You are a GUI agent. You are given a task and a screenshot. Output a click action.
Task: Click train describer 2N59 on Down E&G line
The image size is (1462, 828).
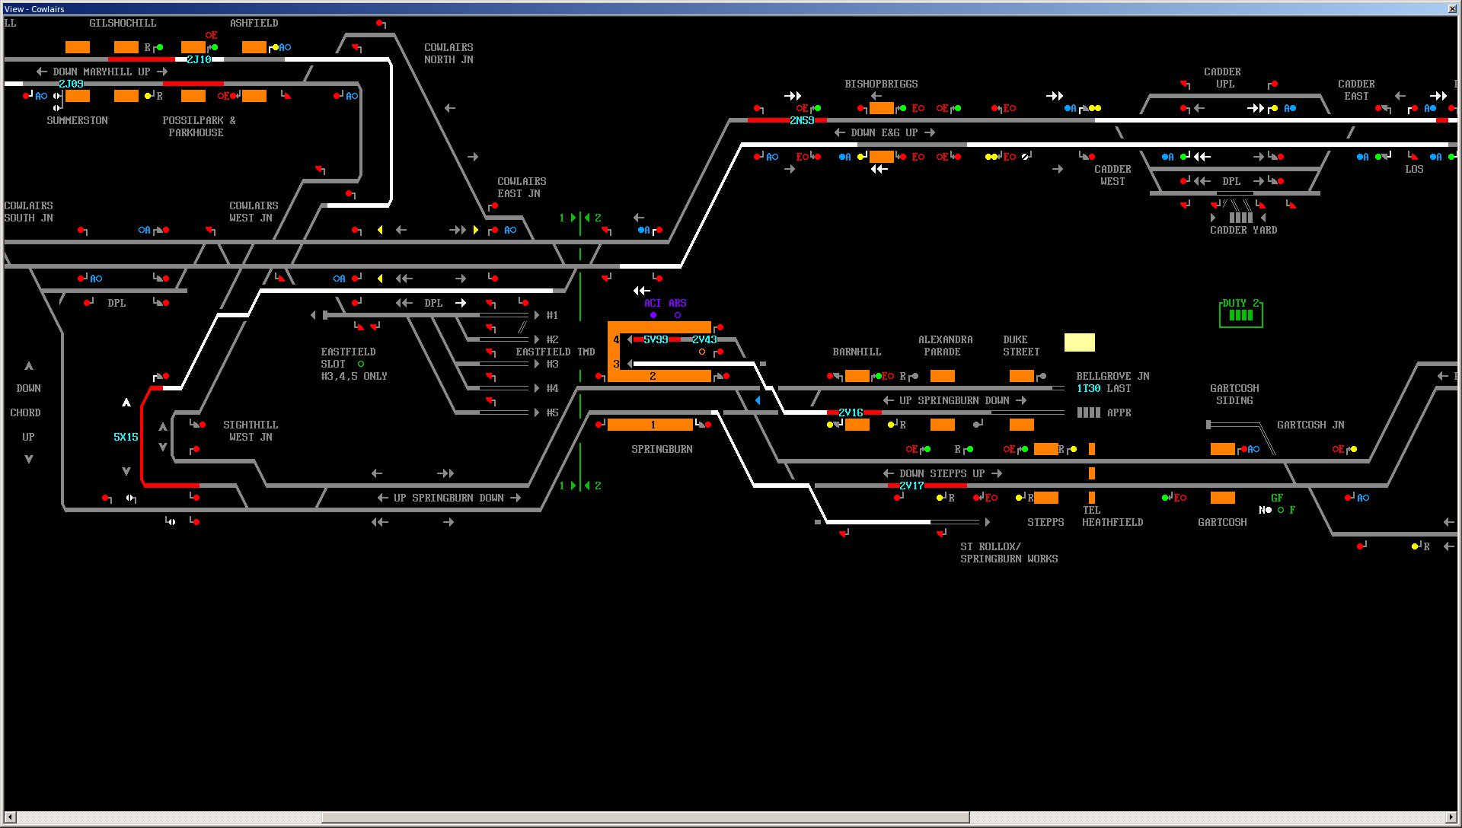click(802, 120)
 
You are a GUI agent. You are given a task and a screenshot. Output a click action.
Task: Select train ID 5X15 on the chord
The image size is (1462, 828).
click(126, 437)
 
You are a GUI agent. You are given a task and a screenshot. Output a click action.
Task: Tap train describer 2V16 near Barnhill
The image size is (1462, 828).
click(851, 412)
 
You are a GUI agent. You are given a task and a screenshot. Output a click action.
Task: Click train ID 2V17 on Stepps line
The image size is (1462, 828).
click(911, 486)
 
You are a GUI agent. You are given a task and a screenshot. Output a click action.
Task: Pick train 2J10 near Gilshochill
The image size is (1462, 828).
click(199, 59)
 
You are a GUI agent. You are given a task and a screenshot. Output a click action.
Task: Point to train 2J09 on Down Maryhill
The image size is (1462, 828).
click(71, 84)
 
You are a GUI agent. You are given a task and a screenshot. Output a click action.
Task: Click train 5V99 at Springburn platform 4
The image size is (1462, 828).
click(656, 339)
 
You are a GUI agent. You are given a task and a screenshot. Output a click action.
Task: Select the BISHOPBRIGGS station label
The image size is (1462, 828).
click(881, 84)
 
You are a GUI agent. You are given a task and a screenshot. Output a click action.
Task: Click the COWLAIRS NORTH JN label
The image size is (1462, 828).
click(448, 53)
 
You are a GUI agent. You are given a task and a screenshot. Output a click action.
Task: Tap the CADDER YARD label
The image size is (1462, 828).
click(1243, 230)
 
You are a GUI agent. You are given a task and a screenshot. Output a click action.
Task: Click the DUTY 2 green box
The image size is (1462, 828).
click(1241, 313)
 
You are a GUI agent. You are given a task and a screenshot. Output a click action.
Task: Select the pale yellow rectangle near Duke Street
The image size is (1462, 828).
click(1079, 342)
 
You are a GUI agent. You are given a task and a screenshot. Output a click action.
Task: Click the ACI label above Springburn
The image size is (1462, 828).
click(653, 303)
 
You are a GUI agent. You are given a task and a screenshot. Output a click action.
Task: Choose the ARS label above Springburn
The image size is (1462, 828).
click(677, 303)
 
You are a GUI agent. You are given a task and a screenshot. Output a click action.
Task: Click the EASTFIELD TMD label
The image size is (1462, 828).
click(555, 352)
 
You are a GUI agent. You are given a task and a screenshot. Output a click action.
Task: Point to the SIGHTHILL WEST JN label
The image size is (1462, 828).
click(251, 431)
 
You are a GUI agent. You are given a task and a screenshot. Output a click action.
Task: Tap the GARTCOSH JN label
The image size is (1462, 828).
click(1310, 425)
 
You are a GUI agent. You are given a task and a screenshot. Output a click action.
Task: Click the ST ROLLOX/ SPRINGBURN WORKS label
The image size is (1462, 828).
click(1009, 553)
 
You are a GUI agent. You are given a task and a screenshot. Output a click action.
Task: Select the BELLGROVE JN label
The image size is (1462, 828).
click(1112, 376)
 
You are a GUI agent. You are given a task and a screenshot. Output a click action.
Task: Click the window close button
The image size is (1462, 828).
click(1452, 8)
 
